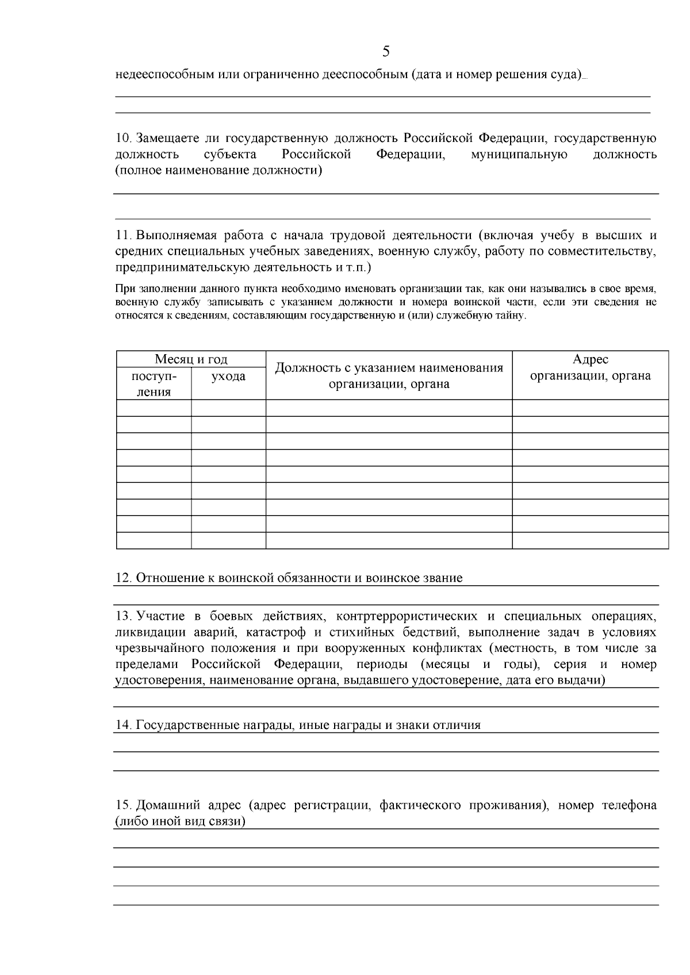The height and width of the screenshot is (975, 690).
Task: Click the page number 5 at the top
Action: click(x=386, y=52)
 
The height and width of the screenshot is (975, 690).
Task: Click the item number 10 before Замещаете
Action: click(x=124, y=139)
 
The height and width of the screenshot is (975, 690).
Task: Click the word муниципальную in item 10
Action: click(x=519, y=155)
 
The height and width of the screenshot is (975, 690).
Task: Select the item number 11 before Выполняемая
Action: click(x=124, y=236)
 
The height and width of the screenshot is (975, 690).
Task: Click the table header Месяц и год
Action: click(x=191, y=359)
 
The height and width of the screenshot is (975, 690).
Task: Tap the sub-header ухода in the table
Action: click(x=228, y=377)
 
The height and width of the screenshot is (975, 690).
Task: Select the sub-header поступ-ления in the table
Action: click(x=154, y=384)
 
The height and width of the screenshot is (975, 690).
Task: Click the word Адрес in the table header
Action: click(x=590, y=359)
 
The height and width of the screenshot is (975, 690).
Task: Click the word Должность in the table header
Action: click(x=302, y=368)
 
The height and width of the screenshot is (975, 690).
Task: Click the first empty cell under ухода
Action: click(x=228, y=408)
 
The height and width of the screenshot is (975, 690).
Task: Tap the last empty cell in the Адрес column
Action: click(x=590, y=541)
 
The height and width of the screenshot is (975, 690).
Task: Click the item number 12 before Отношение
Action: click(x=124, y=578)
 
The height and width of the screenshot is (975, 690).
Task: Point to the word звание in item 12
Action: click(x=442, y=578)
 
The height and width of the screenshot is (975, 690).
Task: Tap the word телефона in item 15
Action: click(x=629, y=805)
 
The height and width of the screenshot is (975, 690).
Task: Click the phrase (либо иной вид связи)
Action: click(x=181, y=822)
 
